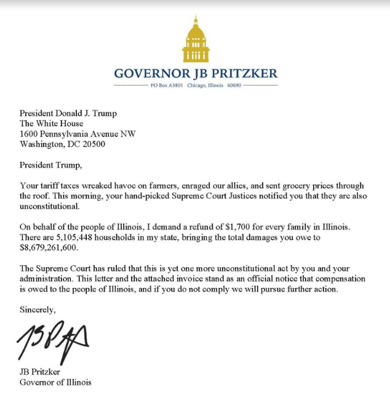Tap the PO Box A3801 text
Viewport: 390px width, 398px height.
coord(167,87)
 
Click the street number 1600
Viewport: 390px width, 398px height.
coord(29,133)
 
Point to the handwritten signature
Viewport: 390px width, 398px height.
coord(54,341)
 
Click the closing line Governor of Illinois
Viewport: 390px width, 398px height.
coord(55,383)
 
